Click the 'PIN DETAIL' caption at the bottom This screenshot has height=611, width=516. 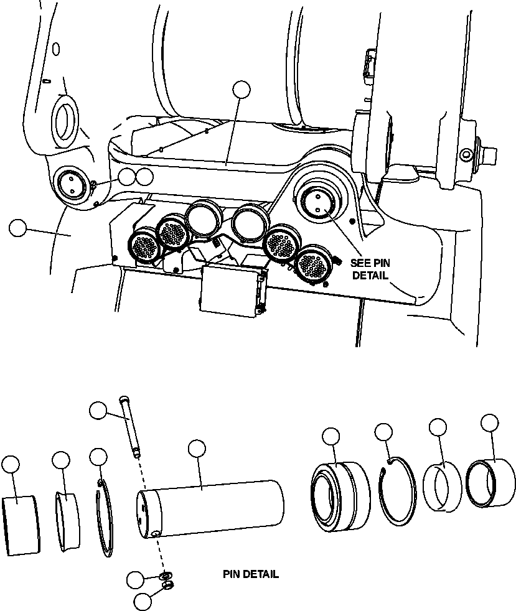pos(250,574)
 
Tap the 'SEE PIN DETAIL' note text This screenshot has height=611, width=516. pos(370,269)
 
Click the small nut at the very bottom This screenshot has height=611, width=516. pos(167,586)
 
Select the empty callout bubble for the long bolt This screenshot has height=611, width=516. pos(99,411)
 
